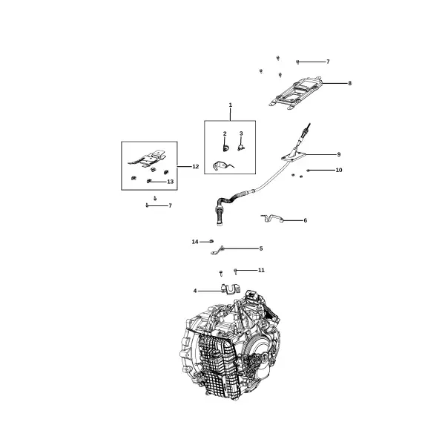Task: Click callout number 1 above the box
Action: pyautogui.click(x=231, y=105)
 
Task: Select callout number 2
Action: pyautogui.click(x=225, y=133)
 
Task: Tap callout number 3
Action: pyautogui.click(x=241, y=133)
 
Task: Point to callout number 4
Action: pyautogui.click(x=195, y=291)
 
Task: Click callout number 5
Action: pyautogui.click(x=261, y=248)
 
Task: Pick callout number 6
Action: pyautogui.click(x=306, y=220)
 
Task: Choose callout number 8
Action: pyautogui.click(x=350, y=83)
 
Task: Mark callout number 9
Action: pyautogui.click(x=339, y=154)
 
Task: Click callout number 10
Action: pyautogui.click(x=339, y=170)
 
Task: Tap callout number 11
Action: pyautogui.click(x=261, y=270)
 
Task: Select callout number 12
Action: pyautogui.click(x=196, y=166)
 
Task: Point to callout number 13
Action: pyautogui.click(x=171, y=182)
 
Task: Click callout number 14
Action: pyautogui.click(x=195, y=242)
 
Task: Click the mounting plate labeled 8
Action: pyautogui.click(x=296, y=93)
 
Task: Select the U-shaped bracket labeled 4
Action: pyautogui.click(x=231, y=289)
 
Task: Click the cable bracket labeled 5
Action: pyautogui.click(x=217, y=251)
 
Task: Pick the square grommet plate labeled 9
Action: pyautogui.click(x=293, y=156)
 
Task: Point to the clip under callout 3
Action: pyautogui.click(x=241, y=148)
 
